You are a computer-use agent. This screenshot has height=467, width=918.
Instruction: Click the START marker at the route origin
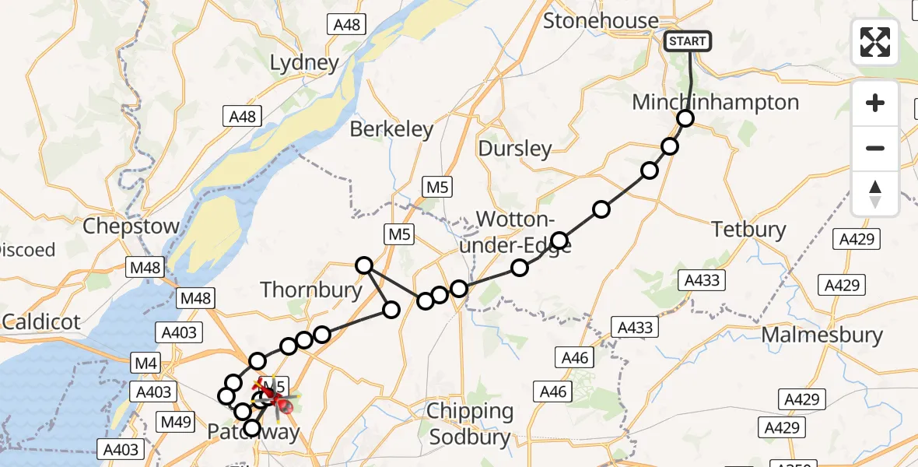[x=688, y=41]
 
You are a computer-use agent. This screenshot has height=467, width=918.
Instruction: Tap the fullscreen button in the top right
[x=875, y=42]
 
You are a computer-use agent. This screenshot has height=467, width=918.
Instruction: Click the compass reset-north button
[x=875, y=194]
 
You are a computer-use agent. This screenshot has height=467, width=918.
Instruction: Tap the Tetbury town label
[x=748, y=230]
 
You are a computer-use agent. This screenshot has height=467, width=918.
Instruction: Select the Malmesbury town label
[x=822, y=335]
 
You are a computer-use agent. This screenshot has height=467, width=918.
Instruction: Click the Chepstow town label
[x=131, y=226]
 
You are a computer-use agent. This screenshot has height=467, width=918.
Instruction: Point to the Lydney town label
[x=305, y=63]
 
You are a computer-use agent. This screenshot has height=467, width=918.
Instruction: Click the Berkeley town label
[x=391, y=128]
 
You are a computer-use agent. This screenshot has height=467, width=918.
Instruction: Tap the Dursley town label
[x=515, y=149]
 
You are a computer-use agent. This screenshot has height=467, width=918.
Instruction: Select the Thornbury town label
[x=311, y=290]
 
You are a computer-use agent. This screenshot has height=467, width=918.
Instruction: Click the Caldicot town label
[x=41, y=321]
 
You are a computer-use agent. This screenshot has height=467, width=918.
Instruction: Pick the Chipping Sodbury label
[x=471, y=423]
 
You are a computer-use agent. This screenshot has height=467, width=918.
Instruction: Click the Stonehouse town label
[x=601, y=20]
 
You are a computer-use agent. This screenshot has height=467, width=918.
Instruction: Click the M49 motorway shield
[x=177, y=421]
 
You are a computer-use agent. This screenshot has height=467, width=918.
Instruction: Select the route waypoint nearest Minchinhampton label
[x=685, y=118]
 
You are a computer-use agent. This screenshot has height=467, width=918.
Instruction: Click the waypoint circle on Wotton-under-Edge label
[x=559, y=240]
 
